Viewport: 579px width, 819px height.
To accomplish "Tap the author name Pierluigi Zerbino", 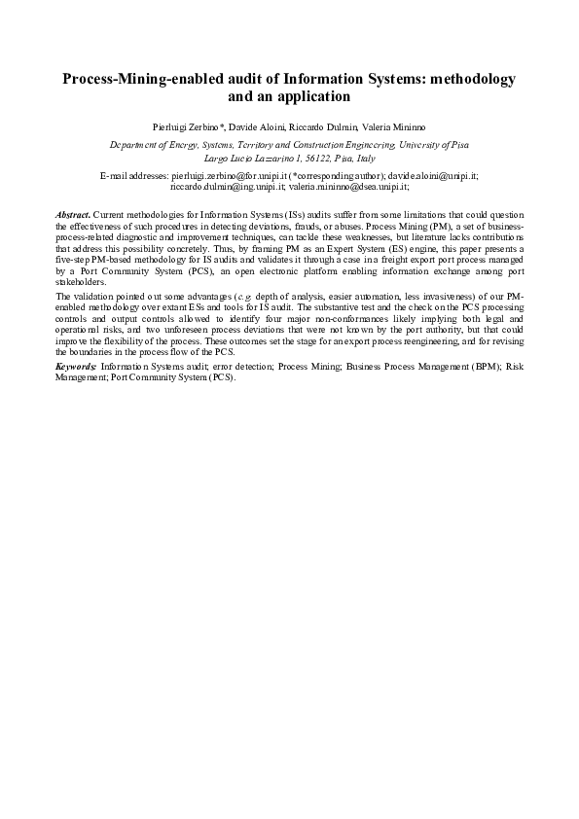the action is click(x=187, y=126).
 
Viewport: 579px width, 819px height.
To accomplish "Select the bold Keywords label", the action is click(x=76, y=367).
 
